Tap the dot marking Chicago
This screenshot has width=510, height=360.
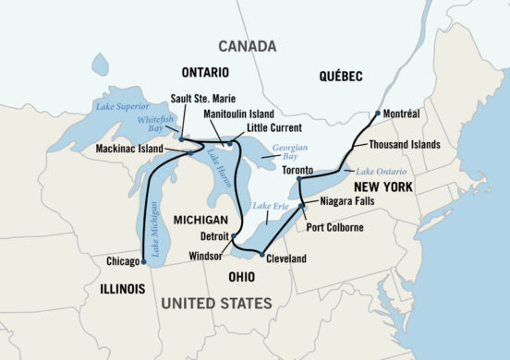tap(144, 261)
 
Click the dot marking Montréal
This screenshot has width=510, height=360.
tap(378, 114)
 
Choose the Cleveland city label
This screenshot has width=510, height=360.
tap(286, 259)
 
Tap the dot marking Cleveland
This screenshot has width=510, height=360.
tap(261, 255)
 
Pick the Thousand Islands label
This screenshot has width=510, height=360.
tap(405, 145)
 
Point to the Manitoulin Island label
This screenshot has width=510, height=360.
tap(234, 112)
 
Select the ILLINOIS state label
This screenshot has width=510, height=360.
tap(118, 289)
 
